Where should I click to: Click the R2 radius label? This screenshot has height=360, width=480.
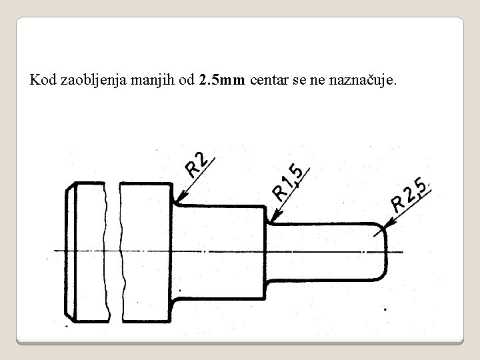pos(198,163)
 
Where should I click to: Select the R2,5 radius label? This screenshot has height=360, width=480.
pos(409,195)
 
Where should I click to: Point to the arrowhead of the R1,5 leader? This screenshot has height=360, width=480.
pos(271,220)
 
